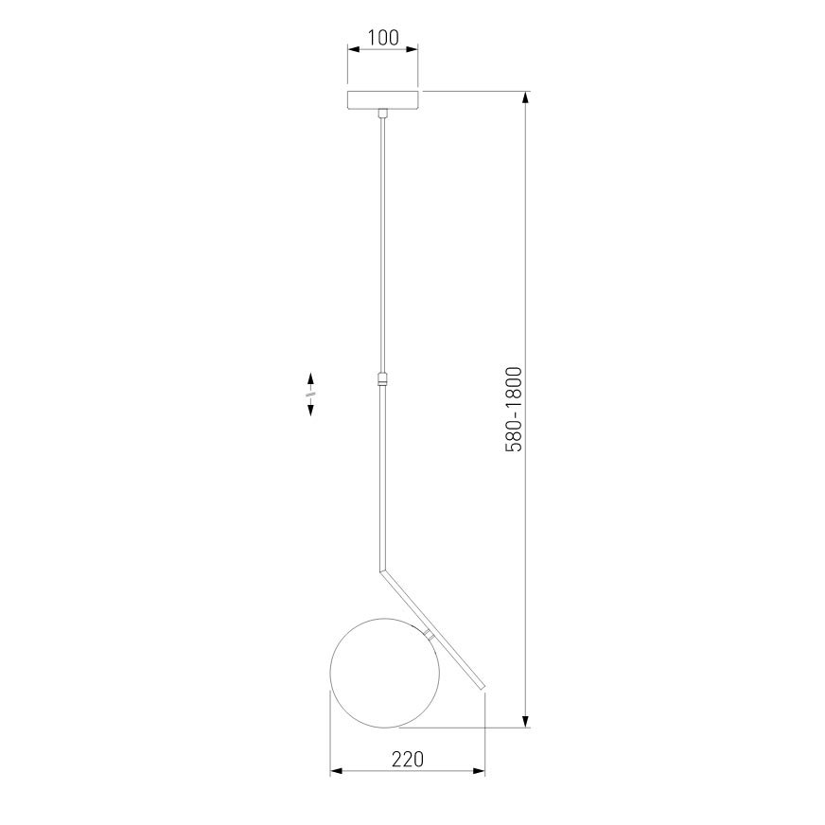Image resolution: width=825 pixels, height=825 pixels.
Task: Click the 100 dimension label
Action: click(x=383, y=38)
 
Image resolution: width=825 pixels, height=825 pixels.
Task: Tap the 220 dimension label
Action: click(x=407, y=759)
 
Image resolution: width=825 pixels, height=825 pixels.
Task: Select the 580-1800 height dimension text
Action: click(x=514, y=410)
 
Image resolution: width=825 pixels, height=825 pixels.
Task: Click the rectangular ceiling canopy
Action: click(x=383, y=100)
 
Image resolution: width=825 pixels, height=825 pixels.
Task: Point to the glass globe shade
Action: click(x=385, y=673)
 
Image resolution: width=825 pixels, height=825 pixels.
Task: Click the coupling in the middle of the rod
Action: click(x=383, y=378)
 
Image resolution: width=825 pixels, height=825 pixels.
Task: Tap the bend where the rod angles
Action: click(x=382, y=570)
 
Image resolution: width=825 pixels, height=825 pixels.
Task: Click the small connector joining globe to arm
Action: click(x=430, y=634)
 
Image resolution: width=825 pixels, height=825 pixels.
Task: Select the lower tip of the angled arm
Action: click(x=483, y=687)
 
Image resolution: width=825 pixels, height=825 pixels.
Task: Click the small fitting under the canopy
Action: click(x=383, y=114)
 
